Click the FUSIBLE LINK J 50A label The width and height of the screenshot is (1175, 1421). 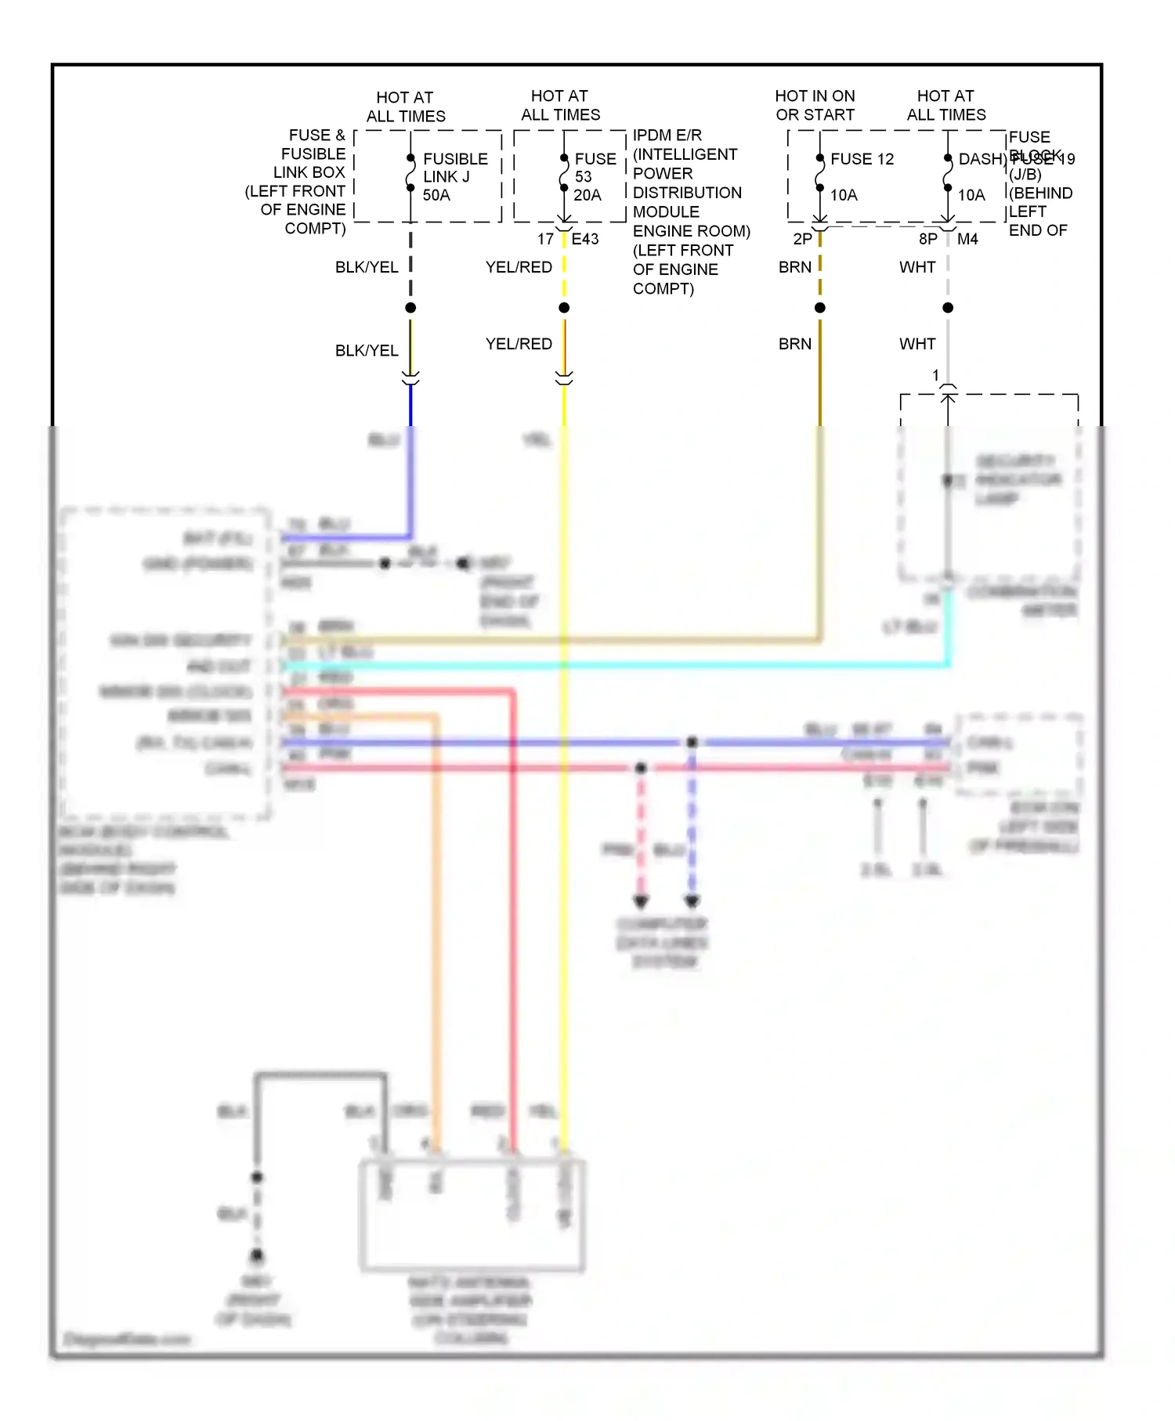pos(454,177)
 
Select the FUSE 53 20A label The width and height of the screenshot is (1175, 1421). pos(595,177)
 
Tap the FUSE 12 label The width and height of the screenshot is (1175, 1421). pos(862,159)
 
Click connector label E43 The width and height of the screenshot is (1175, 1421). pos(585,239)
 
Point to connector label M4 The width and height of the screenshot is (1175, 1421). pos(967,239)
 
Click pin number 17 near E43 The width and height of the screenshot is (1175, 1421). pos(545,239)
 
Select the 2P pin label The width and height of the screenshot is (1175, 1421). pos(802,239)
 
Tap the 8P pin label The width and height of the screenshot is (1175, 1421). pos(927,239)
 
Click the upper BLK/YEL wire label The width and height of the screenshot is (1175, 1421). pos(367,267)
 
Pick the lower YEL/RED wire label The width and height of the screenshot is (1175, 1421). pos(519,344)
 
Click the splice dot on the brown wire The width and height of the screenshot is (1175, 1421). pos(820,308)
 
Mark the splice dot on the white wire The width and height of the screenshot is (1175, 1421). pos(948,308)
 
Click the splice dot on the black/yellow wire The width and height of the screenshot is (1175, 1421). pos(410,308)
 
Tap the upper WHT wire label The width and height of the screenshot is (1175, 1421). pos(917,267)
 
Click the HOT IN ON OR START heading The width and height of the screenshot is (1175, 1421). pos(815,105)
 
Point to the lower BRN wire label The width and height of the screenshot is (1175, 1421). pos(795,344)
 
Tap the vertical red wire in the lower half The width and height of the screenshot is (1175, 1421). pos(513,940)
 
